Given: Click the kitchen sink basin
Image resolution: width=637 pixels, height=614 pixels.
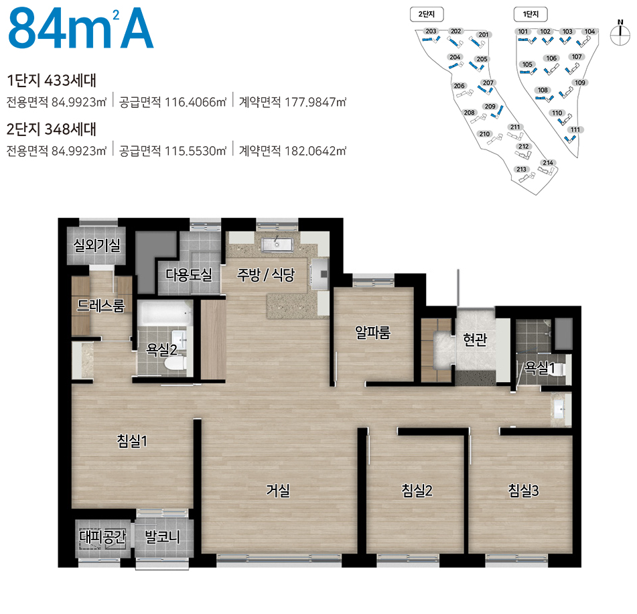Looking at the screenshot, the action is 277,245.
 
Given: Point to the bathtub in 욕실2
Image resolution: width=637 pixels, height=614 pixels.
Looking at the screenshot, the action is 165,314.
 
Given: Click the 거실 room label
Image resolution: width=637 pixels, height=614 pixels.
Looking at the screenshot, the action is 278,490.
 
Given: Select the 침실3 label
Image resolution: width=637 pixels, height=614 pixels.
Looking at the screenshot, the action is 523,491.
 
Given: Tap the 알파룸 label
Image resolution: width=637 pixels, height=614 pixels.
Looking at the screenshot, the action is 372,332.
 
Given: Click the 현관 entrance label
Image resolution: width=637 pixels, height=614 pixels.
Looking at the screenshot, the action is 475,339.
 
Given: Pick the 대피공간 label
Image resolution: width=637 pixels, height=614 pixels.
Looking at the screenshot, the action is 102,537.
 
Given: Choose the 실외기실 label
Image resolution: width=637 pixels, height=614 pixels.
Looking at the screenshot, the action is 96,245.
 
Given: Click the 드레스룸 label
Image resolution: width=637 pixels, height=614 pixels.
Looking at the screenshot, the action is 100,306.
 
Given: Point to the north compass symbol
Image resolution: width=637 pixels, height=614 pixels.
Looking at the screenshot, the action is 620,33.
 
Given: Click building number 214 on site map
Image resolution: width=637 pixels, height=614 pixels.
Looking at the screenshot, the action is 548,163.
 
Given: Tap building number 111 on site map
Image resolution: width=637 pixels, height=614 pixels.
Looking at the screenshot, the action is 575,130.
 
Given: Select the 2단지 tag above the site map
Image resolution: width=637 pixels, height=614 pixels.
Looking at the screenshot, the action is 427,14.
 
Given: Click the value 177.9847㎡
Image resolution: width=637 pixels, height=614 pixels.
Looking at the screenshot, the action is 315,102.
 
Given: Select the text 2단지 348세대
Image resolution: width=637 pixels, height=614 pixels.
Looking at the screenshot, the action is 52,129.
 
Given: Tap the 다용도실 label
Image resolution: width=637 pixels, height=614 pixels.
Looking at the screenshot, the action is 189,274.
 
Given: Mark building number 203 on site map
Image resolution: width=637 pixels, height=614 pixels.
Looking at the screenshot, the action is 431,32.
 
